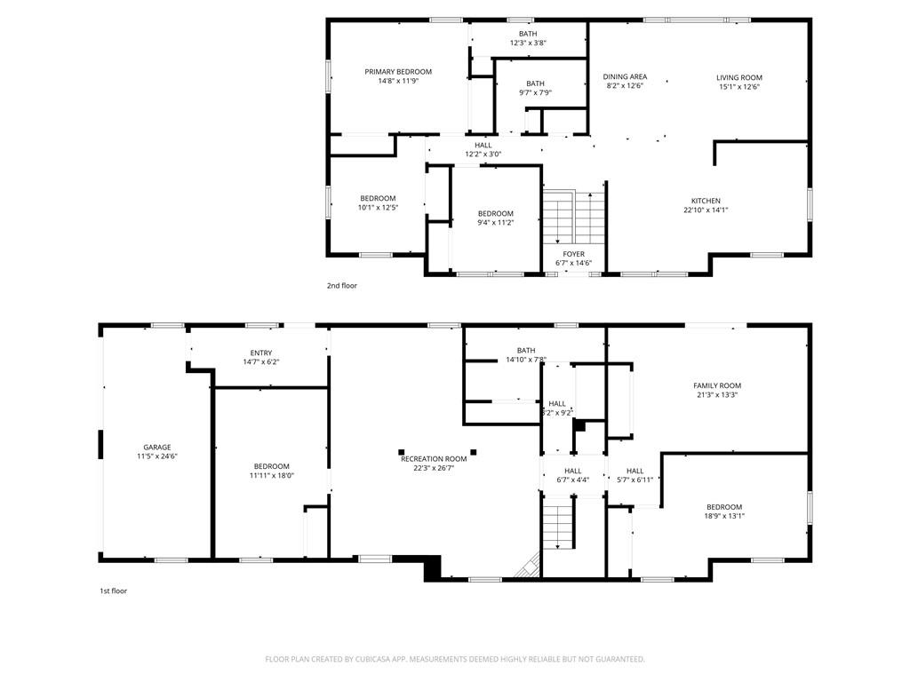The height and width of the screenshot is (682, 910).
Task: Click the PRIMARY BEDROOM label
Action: (x=398, y=72)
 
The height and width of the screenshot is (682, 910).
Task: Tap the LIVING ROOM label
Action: (x=739, y=78)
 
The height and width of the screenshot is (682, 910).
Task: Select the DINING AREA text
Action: (x=625, y=76)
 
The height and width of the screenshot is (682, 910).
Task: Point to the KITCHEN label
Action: (x=706, y=202)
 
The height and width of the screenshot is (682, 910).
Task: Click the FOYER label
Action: (x=574, y=254)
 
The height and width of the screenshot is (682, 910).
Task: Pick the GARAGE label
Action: (x=157, y=448)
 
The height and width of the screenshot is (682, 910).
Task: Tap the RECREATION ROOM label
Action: (x=434, y=459)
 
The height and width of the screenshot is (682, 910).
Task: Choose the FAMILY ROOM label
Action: (x=717, y=385)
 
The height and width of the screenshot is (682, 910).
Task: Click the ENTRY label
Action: (x=261, y=353)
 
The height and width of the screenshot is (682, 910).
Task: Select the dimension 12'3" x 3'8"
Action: (x=528, y=43)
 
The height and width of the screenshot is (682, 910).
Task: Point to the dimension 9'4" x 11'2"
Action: (x=496, y=223)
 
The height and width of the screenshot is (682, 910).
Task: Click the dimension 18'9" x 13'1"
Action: (x=724, y=516)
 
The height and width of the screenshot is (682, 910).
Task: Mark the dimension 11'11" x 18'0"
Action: (x=272, y=476)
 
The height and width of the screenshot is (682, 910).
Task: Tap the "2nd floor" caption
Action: (x=342, y=286)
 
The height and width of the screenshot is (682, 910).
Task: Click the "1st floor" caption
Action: (x=113, y=591)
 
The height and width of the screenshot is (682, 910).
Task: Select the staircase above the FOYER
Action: (x=574, y=218)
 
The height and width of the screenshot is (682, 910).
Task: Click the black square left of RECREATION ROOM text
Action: (x=402, y=452)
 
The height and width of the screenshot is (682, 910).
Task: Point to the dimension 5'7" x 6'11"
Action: (x=635, y=480)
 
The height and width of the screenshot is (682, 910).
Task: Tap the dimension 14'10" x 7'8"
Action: (x=526, y=360)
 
